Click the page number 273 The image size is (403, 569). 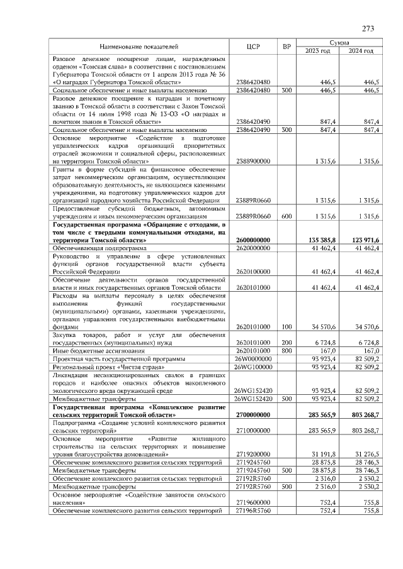(x=368, y=28)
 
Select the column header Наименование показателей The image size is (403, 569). (x=139, y=47)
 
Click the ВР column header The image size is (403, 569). (x=287, y=47)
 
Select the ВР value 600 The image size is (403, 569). (x=287, y=216)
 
